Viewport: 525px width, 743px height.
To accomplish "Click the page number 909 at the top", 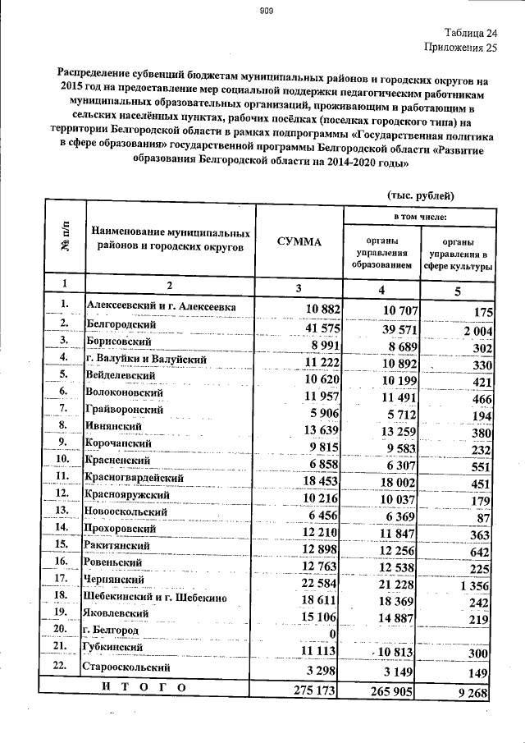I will pos(266,11).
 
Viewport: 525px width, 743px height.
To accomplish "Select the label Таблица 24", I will pos(471,34).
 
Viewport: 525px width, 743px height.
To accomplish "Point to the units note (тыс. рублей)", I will pos(418,195).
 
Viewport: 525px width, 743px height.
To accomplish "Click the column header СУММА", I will pos(299,241).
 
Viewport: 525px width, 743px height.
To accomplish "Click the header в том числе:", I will pos(420,215).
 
